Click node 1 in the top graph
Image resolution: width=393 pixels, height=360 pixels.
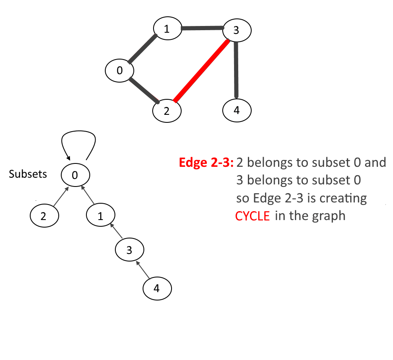(167, 29)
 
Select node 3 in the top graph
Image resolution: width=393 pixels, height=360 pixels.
(237, 30)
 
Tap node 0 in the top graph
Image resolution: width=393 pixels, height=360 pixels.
(119, 71)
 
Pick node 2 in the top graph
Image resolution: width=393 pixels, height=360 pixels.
(167, 111)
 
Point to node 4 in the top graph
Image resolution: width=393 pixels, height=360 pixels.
(237, 111)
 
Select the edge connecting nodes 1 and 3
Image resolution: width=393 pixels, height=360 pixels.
(202, 28)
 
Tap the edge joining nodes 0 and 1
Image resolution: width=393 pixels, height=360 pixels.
(143, 49)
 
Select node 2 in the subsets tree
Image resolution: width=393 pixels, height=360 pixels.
(44, 216)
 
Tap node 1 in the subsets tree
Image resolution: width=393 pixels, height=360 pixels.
(100, 216)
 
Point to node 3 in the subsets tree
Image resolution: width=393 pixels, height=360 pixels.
(130, 250)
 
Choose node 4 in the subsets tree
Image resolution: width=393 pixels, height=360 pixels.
(157, 289)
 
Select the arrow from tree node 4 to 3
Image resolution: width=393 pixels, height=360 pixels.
(143, 269)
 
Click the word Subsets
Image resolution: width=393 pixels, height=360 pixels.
(28, 174)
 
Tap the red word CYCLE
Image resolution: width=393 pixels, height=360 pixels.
(252, 216)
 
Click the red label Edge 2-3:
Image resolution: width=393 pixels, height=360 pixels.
(206, 163)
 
